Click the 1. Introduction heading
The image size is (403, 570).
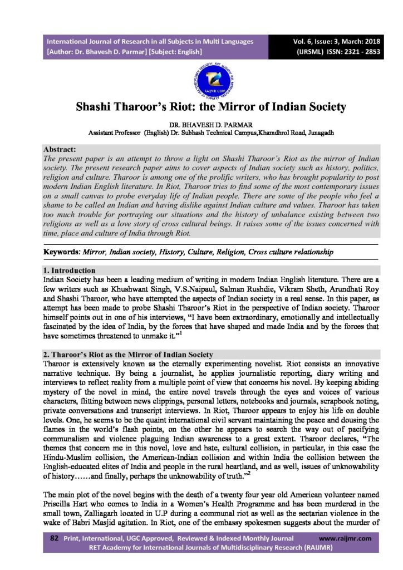70,270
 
